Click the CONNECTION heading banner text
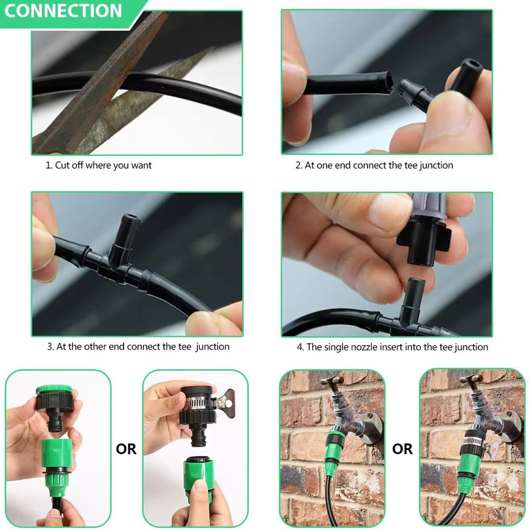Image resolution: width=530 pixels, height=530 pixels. pos(63,11)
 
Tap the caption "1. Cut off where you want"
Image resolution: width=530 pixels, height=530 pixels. pos(98,165)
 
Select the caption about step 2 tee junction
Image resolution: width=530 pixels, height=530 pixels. pos(374,165)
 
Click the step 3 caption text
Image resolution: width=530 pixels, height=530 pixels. pos(138,347)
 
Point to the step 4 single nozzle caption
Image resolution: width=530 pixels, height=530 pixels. pos(392,347)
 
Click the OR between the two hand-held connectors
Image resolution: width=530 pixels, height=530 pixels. pos(126,449)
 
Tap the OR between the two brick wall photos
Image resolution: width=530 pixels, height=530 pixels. pos(402,449)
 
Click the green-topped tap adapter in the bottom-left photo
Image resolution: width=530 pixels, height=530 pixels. pos(54,403)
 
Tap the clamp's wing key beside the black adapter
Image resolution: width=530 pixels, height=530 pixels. pos(226,399)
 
